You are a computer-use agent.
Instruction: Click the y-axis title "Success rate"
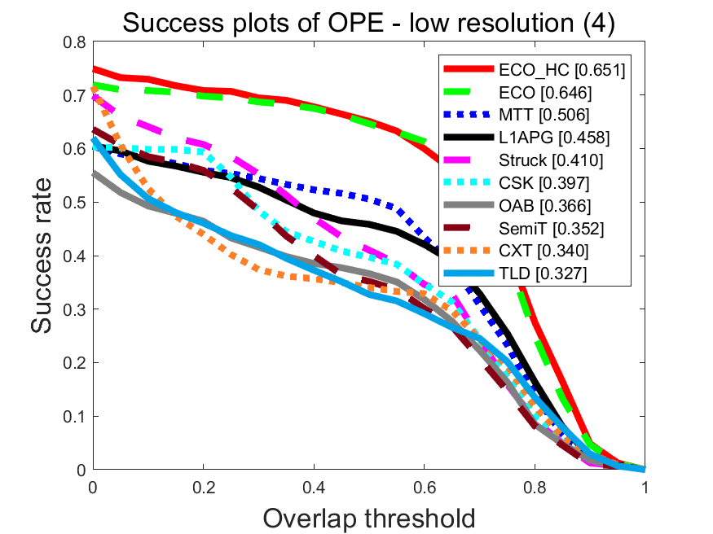(46, 256)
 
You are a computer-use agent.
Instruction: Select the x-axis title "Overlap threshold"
(368, 516)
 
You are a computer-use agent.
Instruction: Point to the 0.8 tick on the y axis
(76, 42)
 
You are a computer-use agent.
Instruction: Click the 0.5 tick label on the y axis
(76, 203)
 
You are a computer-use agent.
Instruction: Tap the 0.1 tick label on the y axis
(76, 417)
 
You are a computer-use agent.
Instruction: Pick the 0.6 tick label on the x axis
(424, 487)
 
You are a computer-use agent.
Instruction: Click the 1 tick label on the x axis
(645, 487)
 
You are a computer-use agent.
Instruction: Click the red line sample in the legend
(469, 71)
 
